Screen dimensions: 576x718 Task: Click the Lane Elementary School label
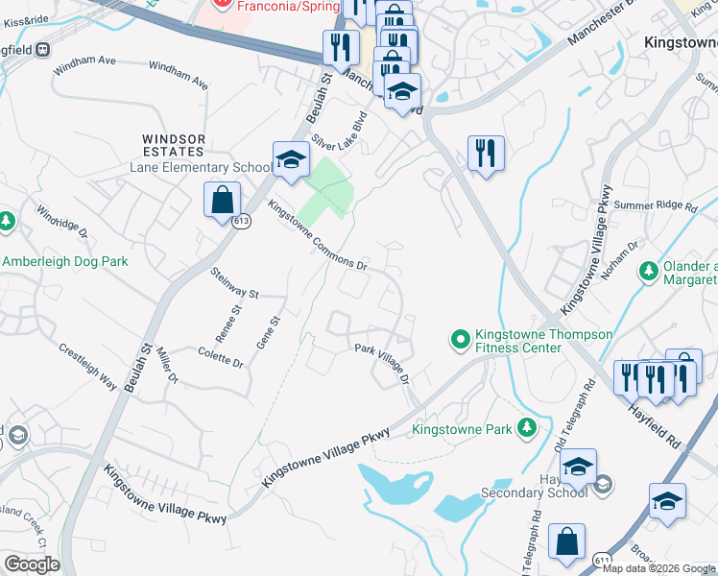pyautogui.click(x=200, y=168)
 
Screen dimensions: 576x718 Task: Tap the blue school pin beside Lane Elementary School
pyautogui.click(x=290, y=160)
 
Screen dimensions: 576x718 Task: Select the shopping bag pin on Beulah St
pyautogui.click(x=222, y=201)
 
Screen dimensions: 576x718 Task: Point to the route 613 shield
pyautogui.click(x=241, y=221)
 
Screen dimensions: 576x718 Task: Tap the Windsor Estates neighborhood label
pyautogui.click(x=174, y=145)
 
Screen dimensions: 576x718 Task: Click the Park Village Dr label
pyautogui.click(x=383, y=361)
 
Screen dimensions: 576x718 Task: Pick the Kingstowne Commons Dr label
pyautogui.click(x=318, y=235)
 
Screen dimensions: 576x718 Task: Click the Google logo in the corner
pyautogui.click(x=32, y=564)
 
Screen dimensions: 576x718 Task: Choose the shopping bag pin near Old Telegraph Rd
pyautogui.click(x=566, y=541)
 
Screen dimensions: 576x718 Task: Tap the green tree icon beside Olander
pyautogui.click(x=648, y=272)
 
